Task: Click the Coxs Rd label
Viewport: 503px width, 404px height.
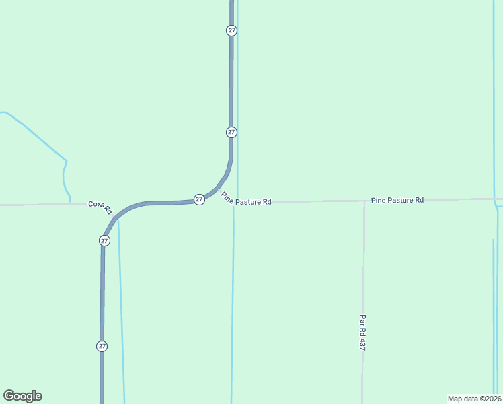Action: point(100,206)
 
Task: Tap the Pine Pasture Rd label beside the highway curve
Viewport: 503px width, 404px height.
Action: point(246,199)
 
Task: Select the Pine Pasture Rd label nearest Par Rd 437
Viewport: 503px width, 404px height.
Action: point(397,200)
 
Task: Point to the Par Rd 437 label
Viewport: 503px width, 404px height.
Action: point(362,333)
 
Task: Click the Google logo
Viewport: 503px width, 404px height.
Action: point(22,396)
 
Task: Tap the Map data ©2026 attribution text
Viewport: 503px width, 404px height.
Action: point(475,398)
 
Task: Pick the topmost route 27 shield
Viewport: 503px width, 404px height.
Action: point(231,30)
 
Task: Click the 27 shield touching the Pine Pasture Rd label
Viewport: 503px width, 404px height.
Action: point(199,199)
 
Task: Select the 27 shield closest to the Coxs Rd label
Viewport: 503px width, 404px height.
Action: point(104,240)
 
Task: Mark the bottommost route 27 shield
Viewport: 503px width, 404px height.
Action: point(102,345)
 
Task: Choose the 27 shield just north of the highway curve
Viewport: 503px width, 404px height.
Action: point(231,132)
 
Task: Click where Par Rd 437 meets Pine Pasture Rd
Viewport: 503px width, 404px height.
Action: point(364,201)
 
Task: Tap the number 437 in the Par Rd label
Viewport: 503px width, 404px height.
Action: point(362,343)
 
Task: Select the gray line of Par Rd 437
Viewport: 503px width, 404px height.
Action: point(363,269)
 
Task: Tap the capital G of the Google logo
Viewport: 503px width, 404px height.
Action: point(9,396)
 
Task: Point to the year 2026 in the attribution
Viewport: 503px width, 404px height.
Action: point(491,398)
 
